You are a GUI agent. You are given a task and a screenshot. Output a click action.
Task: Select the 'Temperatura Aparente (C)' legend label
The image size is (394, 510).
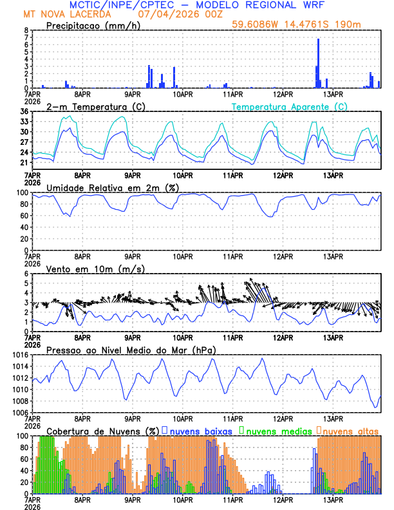[290, 106]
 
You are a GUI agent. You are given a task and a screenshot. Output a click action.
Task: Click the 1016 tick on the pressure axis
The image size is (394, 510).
[19, 355]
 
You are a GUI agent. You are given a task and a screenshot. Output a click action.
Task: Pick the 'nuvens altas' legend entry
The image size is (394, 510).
[350, 430]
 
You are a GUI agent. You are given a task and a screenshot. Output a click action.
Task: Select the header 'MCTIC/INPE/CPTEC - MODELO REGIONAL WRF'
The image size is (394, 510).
[200, 5]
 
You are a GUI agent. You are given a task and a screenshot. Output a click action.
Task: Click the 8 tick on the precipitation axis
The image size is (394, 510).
[25, 30]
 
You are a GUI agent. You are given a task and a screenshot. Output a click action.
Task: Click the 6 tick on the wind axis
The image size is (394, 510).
[25, 274]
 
